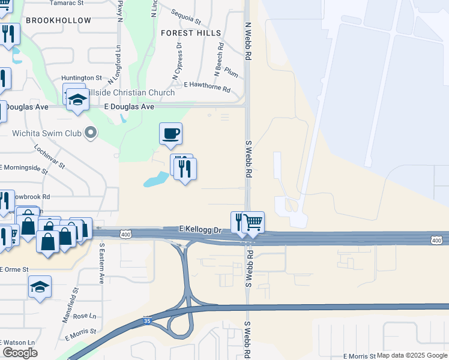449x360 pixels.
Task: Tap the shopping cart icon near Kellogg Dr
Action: [253, 222]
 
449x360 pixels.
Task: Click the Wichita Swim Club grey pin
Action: [91, 132]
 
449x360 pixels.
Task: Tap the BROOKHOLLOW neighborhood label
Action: [58, 20]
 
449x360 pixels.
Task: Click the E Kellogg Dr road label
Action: [200, 229]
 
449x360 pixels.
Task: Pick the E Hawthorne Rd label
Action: [207, 86]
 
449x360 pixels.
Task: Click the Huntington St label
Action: [82, 78]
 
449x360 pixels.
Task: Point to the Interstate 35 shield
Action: [148, 322]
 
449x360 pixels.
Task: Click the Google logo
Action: [20, 353]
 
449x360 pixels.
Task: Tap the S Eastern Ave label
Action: [102, 263]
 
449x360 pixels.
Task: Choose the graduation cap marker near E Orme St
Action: [40, 287]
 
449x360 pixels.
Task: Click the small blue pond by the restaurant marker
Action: [155, 179]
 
